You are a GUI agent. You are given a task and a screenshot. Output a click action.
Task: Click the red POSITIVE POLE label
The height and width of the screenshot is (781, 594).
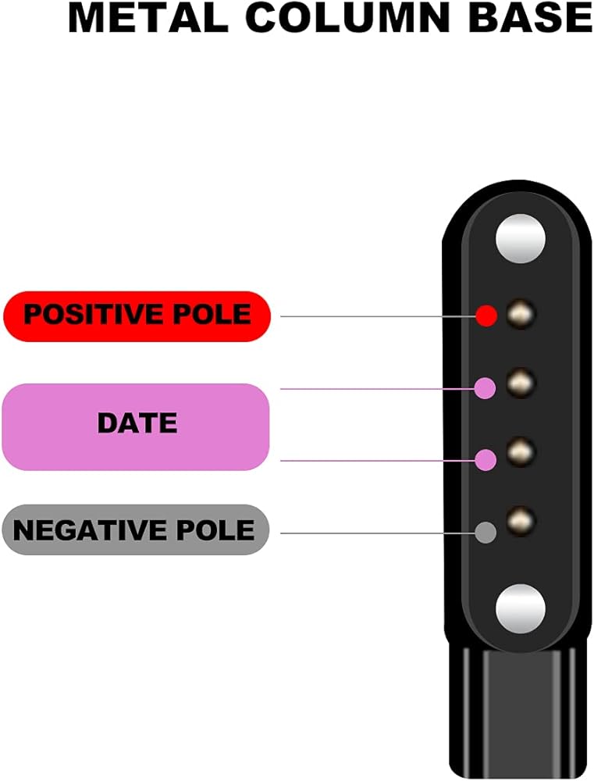tap(137, 316)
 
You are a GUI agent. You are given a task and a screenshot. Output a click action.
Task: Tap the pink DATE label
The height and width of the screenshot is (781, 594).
tap(137, 424)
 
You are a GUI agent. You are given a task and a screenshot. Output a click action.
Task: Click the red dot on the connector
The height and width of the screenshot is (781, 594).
tap(486, 316)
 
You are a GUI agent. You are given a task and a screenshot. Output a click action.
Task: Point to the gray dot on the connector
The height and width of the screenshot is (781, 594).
tap(486, 533)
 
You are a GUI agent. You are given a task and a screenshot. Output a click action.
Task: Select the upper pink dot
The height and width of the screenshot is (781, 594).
tap(486, 388)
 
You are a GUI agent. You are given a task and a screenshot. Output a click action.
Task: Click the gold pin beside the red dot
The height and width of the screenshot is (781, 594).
tap(520, 314)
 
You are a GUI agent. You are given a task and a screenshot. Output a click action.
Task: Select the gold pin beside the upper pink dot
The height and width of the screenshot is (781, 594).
tap(520, 382)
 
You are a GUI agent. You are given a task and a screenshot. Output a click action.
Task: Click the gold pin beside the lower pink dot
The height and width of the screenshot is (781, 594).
tap(520, 450)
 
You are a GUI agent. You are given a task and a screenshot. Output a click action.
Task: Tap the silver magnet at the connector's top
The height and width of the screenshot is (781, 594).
tap(521, 237)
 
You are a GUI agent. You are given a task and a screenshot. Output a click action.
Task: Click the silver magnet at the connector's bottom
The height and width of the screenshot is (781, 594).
tap(521, 608)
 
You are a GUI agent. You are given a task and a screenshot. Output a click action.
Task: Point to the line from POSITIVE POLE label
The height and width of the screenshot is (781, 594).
tap(375, 316)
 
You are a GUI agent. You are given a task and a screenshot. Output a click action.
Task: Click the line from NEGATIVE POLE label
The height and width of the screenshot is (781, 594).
tap(375, 533)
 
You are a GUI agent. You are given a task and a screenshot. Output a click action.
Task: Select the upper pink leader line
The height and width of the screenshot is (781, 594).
tap(375, 388)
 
